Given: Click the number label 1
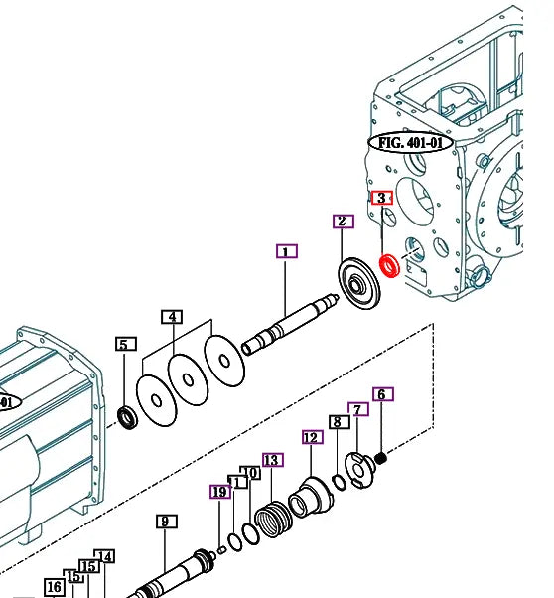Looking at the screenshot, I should (x=286, y=251).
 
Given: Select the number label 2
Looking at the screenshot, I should (x=341, y=221).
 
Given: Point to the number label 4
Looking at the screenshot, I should (x=173, y=317).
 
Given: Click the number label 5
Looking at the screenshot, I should (x=125, y=345).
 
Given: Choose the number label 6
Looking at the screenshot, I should (x=382, y=394).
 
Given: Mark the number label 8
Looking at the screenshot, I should (x=338, y=422).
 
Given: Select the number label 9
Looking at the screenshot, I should (x=166, y=522).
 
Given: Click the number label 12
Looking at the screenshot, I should (x=312, y=437).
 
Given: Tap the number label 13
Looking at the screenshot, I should (x=272, y=459).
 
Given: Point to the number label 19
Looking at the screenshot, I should (x=219, y=491).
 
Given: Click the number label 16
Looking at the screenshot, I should (x=54, y=587).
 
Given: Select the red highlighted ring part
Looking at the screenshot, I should (x=389, y=266).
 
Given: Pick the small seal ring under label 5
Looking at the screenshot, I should (x=128, y=415).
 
